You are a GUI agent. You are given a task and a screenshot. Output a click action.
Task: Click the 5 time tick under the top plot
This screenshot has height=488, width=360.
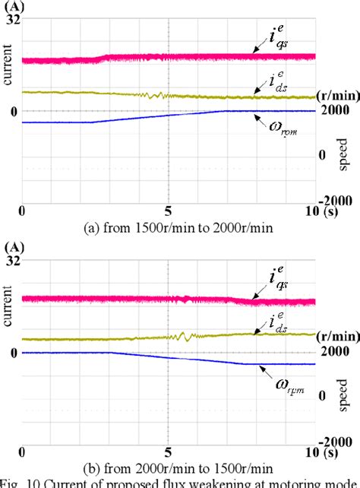point(169,211)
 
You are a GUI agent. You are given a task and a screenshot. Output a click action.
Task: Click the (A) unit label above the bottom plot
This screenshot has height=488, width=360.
point(12,246)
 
